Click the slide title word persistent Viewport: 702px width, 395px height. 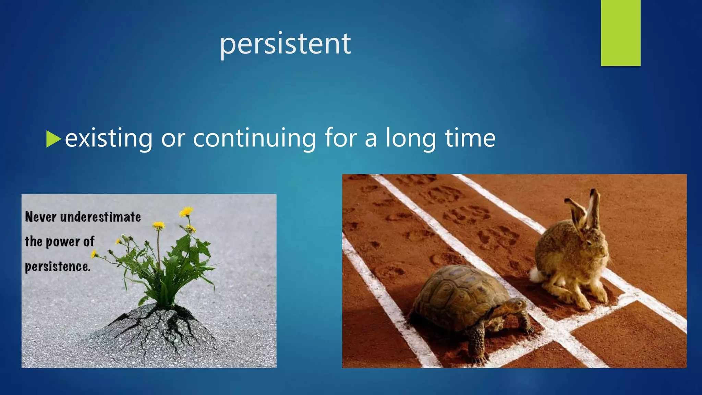point(285,44)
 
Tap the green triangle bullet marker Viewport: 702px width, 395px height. point(53,139)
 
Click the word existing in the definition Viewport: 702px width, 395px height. point(109,138)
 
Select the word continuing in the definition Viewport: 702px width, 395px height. point(254,138)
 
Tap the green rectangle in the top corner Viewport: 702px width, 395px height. point(620,33)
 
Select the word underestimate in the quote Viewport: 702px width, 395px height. point(100,217)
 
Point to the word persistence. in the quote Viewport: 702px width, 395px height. point(58,267)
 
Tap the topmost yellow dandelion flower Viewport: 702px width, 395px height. point(186,212)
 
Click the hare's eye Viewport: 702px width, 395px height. point(590,242)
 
